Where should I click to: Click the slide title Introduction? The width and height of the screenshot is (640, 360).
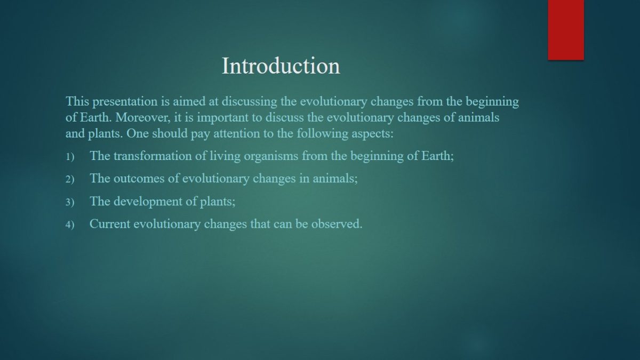[281, 66]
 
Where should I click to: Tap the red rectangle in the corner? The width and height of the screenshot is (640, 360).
[566, 30]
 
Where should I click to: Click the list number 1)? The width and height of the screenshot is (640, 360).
[70, 157]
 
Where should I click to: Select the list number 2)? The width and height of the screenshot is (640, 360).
[70, 179]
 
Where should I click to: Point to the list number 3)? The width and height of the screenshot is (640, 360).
[70, 202]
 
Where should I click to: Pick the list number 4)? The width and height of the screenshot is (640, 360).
[70, 225]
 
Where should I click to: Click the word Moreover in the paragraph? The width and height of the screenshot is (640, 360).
[142, 117]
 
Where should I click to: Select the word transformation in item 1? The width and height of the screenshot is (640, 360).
[153, 156]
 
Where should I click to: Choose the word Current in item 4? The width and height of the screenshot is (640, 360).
[110, 223]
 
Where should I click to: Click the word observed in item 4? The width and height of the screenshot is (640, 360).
[337, 223]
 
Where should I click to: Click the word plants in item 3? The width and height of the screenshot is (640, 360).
[218, 202]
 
